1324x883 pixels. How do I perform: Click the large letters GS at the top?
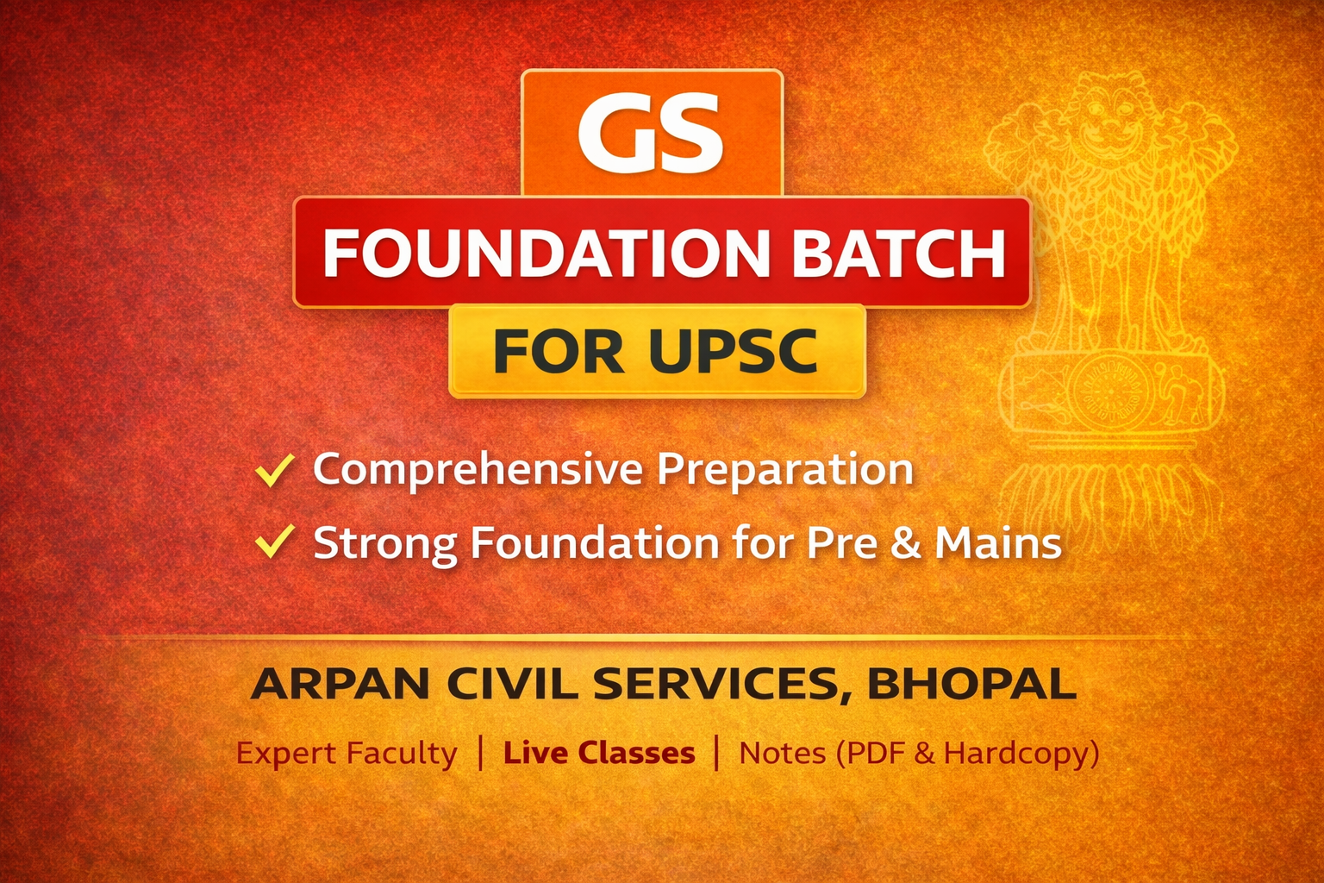tap(651, 133)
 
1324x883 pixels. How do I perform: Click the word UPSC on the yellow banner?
tap(733, 351)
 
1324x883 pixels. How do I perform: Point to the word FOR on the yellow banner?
tap(558, 351)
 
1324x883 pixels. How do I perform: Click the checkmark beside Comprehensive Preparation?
tap(275, 470)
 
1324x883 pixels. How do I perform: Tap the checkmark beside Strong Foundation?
tap(275, 542)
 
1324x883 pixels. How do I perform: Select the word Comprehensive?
tap(478, 470)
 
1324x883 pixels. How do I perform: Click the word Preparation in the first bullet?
tap(785, 470)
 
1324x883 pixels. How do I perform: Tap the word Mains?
tap(998, 543)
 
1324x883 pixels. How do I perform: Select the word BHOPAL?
tap(971, 685)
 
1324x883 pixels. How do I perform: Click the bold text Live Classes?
tap(599, 754)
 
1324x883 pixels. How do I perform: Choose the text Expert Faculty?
tap(347, 754)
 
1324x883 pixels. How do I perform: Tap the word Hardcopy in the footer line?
tap(1016, 754)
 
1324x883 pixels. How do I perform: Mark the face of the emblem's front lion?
tap(1112, 116)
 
